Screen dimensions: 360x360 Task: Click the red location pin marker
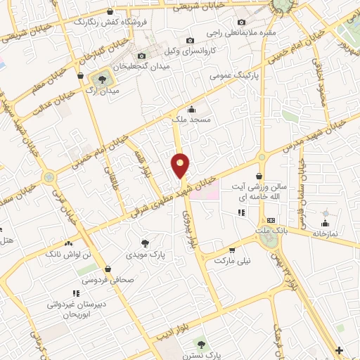pos(181,166)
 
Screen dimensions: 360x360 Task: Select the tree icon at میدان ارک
pos(103,79)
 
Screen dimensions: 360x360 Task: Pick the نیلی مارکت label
pos(233,259)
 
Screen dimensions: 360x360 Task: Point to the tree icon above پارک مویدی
pos(145,243)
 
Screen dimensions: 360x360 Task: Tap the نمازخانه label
pos(325,232)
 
